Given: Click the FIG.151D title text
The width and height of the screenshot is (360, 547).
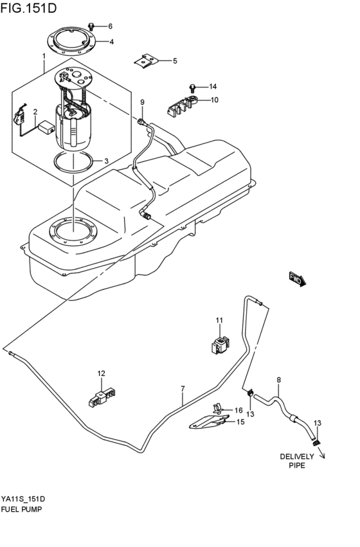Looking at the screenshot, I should point(30,8).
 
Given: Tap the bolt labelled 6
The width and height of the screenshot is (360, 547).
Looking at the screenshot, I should point(92,26).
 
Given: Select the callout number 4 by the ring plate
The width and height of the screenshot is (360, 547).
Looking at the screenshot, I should point(111,42).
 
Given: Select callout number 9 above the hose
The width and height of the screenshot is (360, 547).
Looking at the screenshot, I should point(142,102).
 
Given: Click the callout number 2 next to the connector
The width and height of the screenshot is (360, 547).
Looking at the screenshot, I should point(35,112).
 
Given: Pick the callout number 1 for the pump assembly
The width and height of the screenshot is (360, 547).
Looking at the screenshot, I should point(44,57).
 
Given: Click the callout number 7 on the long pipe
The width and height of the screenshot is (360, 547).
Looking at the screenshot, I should point(183,389).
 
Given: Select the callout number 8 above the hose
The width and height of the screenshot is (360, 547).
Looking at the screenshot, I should point(278,380).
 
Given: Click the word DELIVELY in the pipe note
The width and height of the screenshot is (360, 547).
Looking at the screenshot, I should point(297,456).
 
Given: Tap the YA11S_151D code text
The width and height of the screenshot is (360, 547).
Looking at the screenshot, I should point(23,499).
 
